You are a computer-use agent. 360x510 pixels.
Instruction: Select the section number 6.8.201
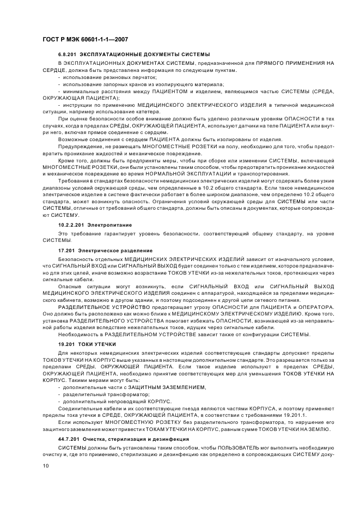coord(68,55)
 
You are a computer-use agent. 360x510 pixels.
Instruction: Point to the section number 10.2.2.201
coord(71,224)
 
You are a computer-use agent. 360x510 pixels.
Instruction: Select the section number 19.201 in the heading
coord(66,345)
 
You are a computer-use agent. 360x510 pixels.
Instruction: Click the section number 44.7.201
coord(69,439)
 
